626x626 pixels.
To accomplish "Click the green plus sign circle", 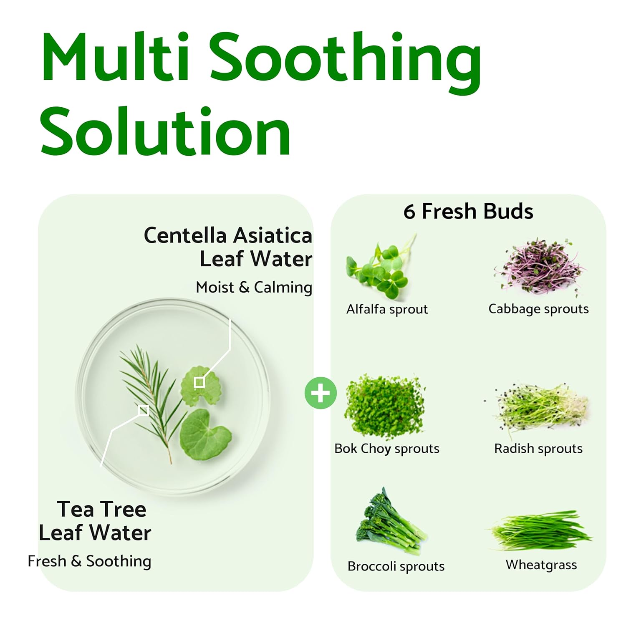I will tap(321, 393).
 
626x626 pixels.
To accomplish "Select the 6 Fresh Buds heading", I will tap(468, 211).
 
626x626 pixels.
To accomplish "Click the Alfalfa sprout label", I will tap(387, 309).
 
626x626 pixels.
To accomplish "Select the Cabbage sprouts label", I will tap(538, 309).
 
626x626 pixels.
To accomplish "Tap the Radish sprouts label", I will tap(538, 449).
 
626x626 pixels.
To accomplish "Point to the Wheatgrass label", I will tap(541, 565).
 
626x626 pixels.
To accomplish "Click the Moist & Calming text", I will tap(254, 287).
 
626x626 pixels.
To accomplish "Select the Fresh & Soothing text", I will tap(89, 561).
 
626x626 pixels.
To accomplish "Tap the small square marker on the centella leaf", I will tap(199, 382).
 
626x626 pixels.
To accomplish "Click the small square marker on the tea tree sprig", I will tap(144, 410).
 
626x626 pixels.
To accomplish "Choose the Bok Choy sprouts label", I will tap(387, 449).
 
